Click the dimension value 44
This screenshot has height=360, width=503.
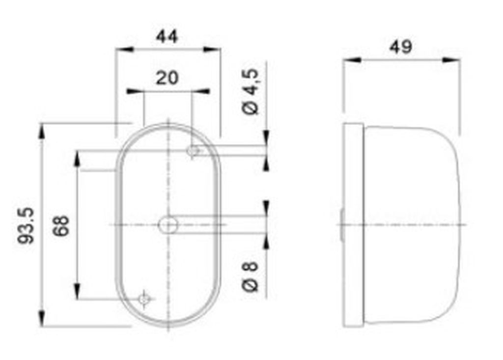pyautogui.click(x=167, y=36)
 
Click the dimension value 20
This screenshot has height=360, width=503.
pyautogui.click(x=167, y=78)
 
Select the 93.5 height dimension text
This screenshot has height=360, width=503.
pyautogui.click(x=26, y=225)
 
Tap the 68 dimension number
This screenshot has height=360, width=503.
pyautogui.click(x=61, y=226)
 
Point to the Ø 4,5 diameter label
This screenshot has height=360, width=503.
pyautogui.click(x=250, y=91)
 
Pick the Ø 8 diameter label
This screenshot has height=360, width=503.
pyautogui.click(x=250, y=277)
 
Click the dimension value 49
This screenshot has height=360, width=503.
pyautogui.click(x=401, y=47)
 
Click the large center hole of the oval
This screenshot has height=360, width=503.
pyautogui.click(x=168, y=224)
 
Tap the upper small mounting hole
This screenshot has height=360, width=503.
pyautogui.click(x=193, y=150)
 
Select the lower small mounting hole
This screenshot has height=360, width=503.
pyautogui.click(x=144, y=300)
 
